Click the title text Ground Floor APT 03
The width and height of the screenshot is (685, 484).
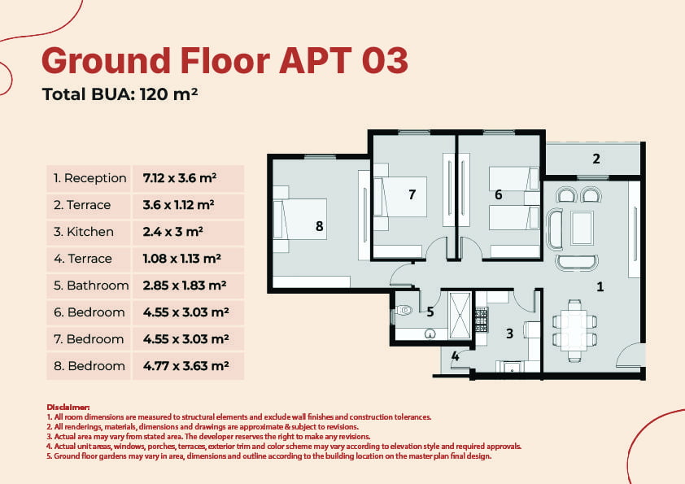click(x=225, y=61)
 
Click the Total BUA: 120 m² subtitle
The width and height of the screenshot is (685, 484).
click(x=120, y=94)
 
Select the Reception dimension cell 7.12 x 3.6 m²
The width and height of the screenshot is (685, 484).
click(x=180, y=178)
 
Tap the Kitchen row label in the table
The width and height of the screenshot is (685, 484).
click(x=84, y=232)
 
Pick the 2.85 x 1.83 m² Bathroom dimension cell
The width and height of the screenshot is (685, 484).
click(x=185, y=286)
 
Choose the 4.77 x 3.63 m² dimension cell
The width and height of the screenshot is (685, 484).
click(x=185, y=365)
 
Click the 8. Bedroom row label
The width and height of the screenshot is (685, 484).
click(x=89, y=365)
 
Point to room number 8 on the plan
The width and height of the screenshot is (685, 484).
click(x=320, y=226)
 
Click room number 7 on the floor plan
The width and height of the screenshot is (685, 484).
click(x=412, y=194)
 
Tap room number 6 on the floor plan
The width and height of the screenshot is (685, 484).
click(x=499, y=194)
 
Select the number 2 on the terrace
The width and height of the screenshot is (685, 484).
click(x=596, y=159)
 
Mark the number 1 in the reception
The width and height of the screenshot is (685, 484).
click(x=600, y=286)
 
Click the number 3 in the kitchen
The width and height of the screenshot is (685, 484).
click(x=509, y=334)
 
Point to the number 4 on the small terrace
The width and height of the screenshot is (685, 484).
click(x=456, y=356)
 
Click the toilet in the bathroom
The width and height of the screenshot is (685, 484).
click(x=404, y=310)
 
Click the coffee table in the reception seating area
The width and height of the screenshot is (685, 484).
click(x=582, y=228)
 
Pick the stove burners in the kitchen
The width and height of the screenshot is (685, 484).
click(x=481, y=320)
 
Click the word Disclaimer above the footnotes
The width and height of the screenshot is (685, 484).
click(x=68, y=408)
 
